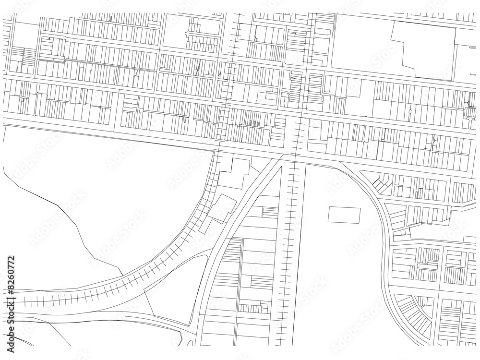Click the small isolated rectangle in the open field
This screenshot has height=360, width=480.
click(x=344, y=215)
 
